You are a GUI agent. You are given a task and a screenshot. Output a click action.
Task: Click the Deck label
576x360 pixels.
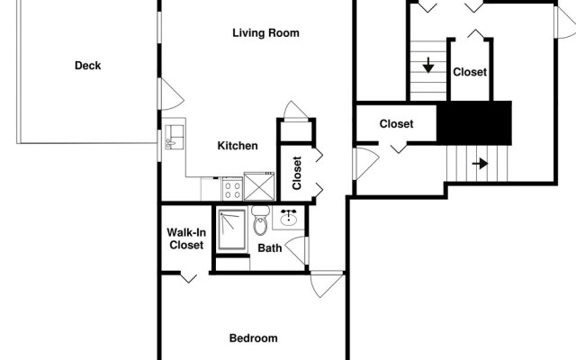(x=87, y=65)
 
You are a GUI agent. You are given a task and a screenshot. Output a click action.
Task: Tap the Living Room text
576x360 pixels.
(x=265, y=33)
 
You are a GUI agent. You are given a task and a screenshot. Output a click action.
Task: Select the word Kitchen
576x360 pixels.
(x=238, y=146)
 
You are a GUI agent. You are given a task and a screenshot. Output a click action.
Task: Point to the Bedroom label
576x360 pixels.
(x=253, y=338)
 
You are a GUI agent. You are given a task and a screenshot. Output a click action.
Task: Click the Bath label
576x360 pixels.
(x=270, y=248)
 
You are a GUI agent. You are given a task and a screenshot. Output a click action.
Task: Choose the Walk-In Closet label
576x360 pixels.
(x=185, y=238)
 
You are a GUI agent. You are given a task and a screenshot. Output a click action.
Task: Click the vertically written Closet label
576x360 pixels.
(x=297, y=174)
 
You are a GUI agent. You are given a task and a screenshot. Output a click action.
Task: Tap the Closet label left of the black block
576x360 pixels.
(x=396, y=124)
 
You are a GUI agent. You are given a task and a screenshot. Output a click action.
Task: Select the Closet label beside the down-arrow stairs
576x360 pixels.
(x=470, y=72)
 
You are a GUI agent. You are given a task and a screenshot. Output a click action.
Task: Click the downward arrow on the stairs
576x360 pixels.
(x=428, y=65)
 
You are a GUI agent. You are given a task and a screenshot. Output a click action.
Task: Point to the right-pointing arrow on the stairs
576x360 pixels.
(x=480, y=164)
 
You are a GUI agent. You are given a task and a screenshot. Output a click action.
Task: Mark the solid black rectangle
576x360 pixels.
(x=474, y=121)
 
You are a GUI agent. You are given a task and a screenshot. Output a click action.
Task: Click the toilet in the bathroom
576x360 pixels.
(x=260, y=220)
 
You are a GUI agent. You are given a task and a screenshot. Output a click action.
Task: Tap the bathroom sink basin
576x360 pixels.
(x=290, y=218)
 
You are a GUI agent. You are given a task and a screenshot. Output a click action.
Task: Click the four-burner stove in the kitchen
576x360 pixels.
(x=232, y=189)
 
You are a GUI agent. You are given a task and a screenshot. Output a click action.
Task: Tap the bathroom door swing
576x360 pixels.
(x=297, y=249)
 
